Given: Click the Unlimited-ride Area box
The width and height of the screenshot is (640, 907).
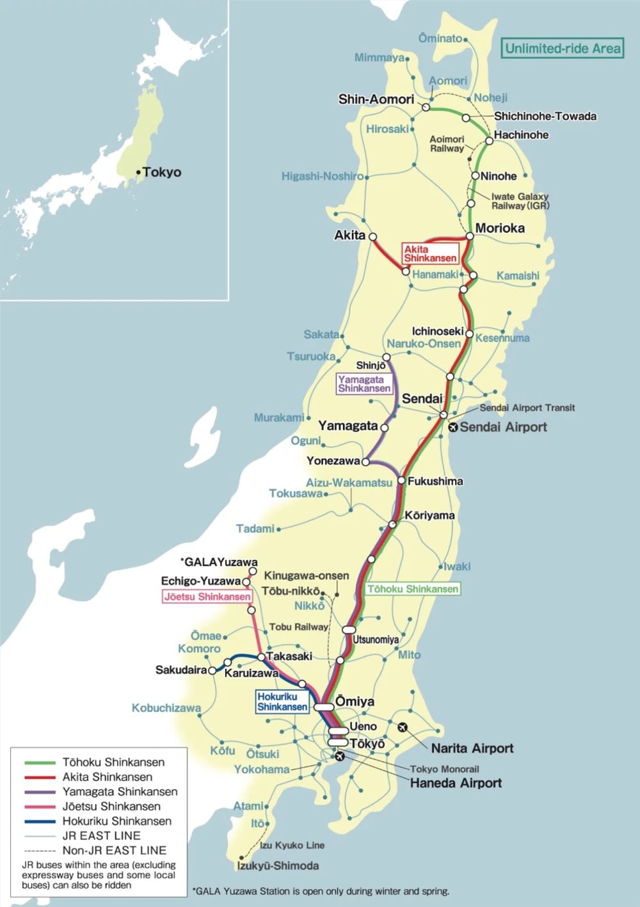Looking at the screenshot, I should pos(563,48).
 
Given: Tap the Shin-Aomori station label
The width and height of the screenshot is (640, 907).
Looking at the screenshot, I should pos(376,99).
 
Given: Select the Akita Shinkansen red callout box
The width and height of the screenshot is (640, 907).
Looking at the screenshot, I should pos(430,253).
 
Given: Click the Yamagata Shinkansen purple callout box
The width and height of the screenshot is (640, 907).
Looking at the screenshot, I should pos(364,384).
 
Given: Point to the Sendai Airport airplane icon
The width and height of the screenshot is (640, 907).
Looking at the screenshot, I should pos(452,428).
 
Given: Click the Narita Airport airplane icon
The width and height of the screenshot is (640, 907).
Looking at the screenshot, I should pos(403,726).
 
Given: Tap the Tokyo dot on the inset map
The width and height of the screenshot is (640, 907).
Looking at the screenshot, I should pos(138,172).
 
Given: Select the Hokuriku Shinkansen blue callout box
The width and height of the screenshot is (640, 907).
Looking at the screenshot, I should pos(282,702).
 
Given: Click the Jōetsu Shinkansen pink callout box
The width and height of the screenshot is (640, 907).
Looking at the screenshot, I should pos(207,597).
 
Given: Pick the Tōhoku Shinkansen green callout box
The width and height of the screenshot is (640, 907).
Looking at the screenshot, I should pos(413,589).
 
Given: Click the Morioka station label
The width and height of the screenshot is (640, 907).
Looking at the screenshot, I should pos(499,229).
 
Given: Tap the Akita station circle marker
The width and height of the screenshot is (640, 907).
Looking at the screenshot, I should pos(372,236).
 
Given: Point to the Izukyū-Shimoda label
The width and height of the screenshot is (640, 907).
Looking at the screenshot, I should pos(278,865).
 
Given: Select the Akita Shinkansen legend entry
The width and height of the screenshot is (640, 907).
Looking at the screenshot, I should pos(107,777).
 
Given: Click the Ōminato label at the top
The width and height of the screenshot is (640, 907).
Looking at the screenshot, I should pos(440,38).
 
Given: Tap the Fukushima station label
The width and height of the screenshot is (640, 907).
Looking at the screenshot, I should pos(435,481).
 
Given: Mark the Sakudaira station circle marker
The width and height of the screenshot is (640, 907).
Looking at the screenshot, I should pos(212,670).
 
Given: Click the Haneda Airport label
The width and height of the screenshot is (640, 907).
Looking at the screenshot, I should pos(456,783).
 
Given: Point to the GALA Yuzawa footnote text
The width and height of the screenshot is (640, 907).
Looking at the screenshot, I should pos(321,890).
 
